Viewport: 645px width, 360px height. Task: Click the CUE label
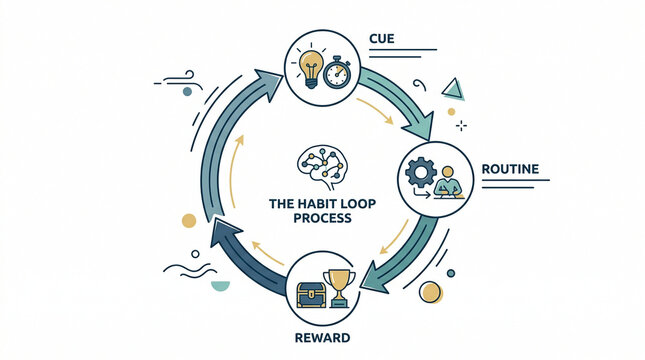tap(382, 38)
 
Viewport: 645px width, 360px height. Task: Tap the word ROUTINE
tap(509, 169)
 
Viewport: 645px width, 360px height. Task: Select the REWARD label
tap(322, 337)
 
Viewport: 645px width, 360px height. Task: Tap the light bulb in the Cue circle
tap(307, 66)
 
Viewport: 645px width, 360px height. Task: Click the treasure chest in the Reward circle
tap(309, 294)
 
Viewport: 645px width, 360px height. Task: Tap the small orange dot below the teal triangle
tap(451, 111)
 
